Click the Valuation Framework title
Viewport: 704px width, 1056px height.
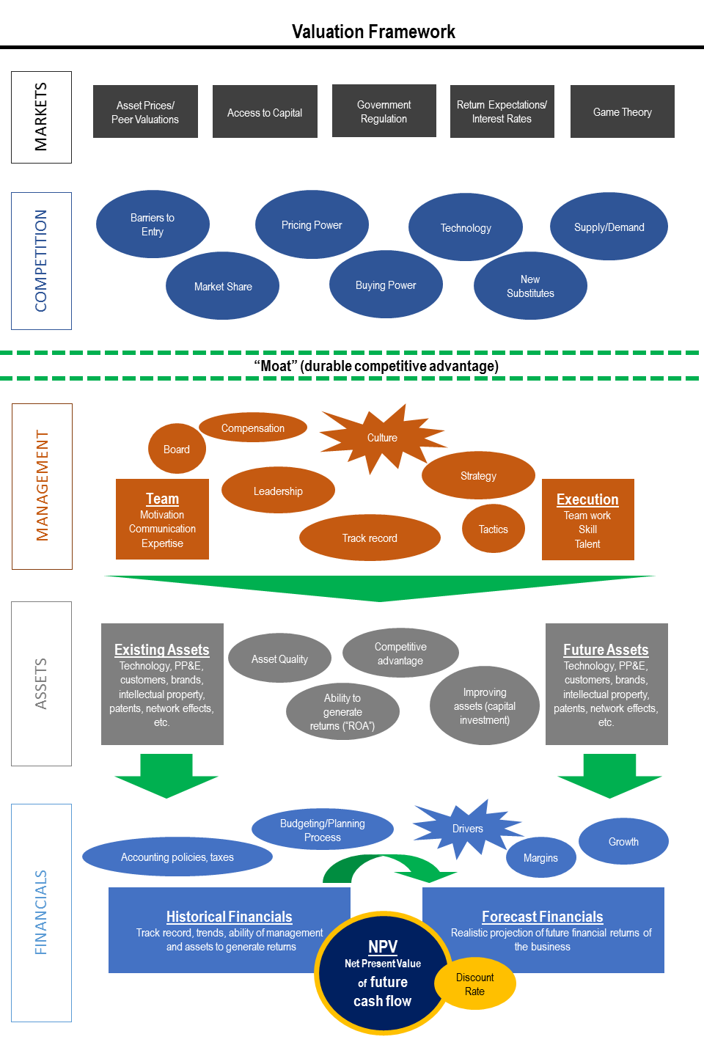[x=373, y=32]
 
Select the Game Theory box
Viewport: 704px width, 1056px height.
[x=622, y=111]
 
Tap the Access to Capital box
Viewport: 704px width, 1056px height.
[x=265, y=111]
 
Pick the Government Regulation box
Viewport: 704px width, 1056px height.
[x=384, y=111]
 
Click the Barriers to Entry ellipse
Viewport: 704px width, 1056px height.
[x=153, y=224]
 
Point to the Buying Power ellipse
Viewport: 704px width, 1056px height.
[x=386, y=285]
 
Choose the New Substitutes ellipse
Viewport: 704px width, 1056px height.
[x=530, y=286]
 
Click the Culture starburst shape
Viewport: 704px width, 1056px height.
[x=381, y=438]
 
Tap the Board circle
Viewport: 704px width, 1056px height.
[x=176, y=449]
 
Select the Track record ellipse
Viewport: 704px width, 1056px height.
[x=370, y=538]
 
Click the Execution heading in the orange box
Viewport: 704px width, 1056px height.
[x=587, y=499]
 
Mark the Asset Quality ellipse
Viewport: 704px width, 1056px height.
[x=279, y=659]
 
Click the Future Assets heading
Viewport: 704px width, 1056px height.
[x=606, y=650]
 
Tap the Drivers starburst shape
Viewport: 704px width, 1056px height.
[x=467, y=829]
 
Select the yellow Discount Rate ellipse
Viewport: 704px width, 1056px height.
[x=475, y=984]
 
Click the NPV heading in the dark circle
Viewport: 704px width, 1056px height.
[x=382, y=947]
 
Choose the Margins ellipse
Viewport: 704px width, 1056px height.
[x=540, y=857]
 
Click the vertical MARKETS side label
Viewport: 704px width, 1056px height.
[x=41, y=117]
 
